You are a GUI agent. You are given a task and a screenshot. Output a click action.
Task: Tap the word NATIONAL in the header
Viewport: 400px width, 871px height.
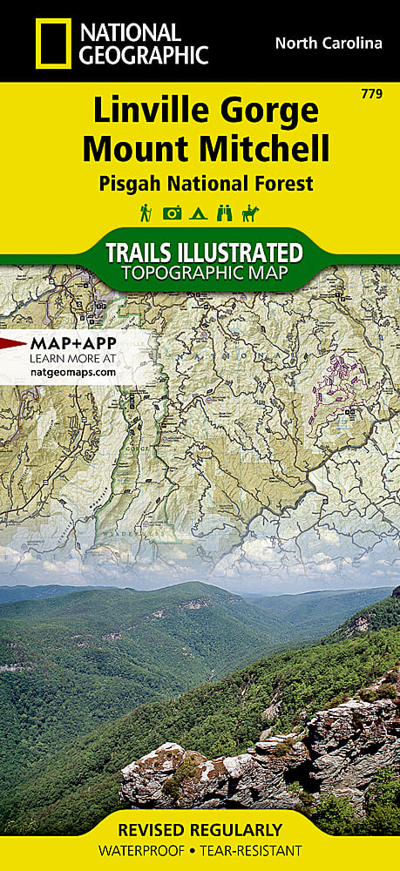tap(130, 33)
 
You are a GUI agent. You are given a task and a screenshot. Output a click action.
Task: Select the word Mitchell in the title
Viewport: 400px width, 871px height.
tap(266, 150)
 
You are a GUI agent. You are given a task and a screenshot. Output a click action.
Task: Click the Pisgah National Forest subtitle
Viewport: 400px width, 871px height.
tap(200, 183)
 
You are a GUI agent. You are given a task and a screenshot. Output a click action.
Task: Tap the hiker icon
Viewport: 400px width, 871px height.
tap(146, 213)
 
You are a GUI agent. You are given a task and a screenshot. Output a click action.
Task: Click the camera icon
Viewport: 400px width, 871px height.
tap(173, 213)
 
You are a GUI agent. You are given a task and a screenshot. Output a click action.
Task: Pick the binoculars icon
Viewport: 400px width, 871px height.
tap(226, 213)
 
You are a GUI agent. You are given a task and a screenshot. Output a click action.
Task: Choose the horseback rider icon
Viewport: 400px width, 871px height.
tap(252, 213)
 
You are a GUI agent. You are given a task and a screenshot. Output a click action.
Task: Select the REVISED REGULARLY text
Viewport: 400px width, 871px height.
tap(200, 830)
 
